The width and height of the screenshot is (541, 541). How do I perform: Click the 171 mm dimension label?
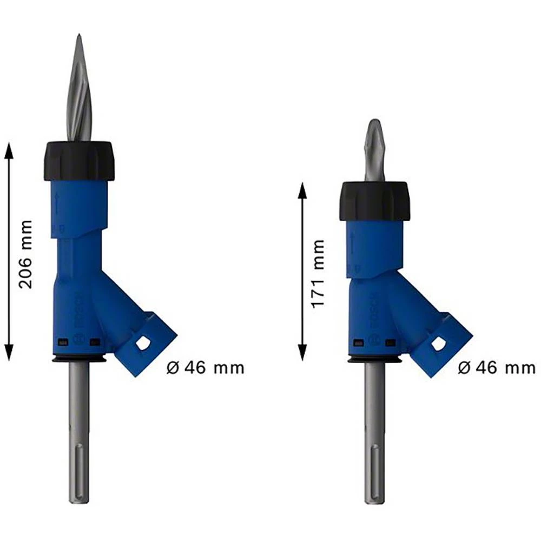(318, 274)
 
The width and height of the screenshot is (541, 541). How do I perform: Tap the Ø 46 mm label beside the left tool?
(206, 368)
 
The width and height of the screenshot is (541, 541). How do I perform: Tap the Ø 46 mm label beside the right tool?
(497, 368)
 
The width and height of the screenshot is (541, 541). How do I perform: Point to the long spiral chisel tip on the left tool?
(79, 92)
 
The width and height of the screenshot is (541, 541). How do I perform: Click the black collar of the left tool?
(79, 161)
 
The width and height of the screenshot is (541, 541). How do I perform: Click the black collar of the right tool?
(374, 201)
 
